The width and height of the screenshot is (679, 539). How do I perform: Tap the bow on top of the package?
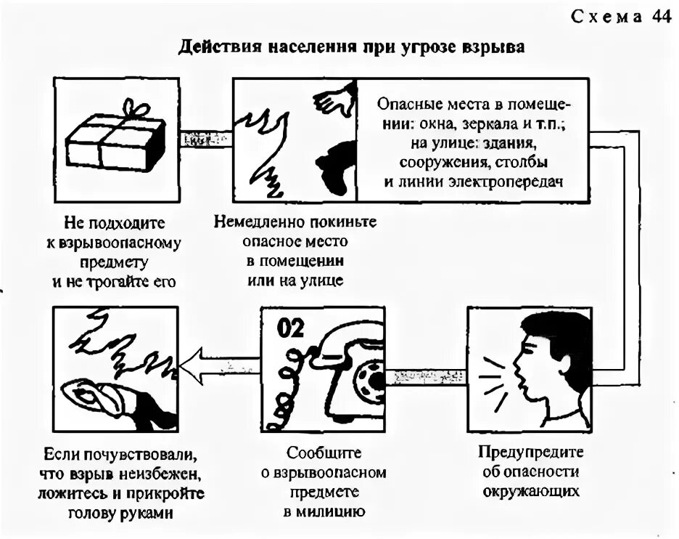[x=133, y=108]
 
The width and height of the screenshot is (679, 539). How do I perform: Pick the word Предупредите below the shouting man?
[x=531, y=452]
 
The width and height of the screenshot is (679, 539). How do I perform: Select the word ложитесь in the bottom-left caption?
[x=73, y=493]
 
